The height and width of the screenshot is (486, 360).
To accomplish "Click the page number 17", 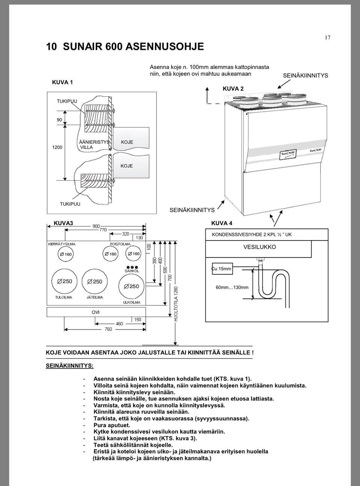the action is (327, 37).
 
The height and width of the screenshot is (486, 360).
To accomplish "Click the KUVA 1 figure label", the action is (62, 82).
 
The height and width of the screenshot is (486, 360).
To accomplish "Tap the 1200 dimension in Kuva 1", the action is (57, 147).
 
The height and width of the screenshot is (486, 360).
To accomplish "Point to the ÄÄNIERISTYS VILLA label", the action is (94, 145).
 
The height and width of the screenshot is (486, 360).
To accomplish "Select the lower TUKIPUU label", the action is (70, 204).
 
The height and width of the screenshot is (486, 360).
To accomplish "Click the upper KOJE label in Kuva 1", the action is (127, 142).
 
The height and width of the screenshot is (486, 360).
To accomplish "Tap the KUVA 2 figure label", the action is (233, 89).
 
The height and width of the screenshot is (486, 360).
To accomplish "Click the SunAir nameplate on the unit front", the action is (288, 154).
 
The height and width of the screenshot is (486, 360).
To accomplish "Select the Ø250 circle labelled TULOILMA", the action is (64, 281).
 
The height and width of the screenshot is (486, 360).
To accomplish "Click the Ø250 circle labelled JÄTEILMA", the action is (94, 281).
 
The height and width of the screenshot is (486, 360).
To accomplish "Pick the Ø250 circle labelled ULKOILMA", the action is (131, 286).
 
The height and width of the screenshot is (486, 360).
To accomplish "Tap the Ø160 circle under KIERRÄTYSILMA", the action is (66, 254).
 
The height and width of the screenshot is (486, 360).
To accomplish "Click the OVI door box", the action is (96, 312).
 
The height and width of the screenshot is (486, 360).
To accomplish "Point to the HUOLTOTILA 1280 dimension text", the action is (176, 304).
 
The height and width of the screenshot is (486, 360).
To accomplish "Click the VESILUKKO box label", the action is (259, 247).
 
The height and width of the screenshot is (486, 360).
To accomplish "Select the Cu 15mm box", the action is (222, 269).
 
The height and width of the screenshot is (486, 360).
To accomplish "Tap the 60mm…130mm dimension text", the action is (232, 287).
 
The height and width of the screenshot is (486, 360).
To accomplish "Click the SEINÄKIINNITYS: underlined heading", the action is (70, 365).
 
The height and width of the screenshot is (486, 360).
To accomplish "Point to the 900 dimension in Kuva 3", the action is (96, 226).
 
